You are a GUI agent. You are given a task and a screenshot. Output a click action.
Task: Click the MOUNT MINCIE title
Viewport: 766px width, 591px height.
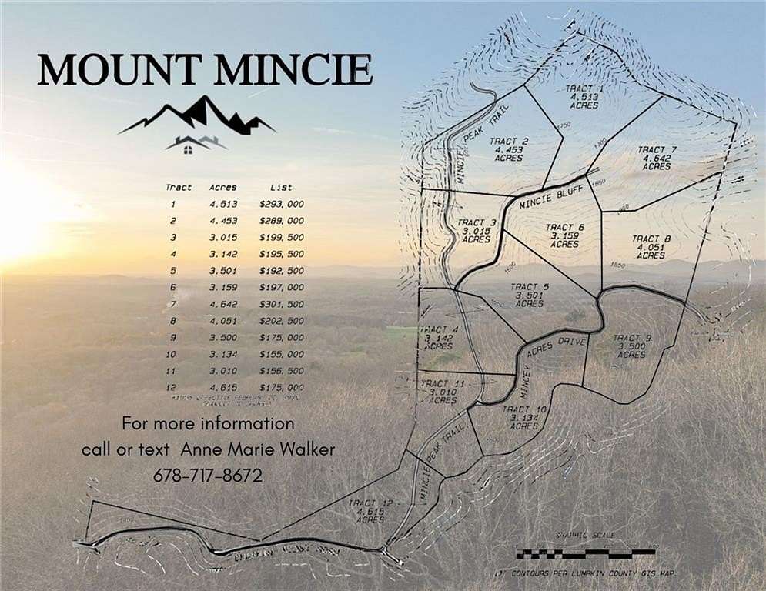tap(205, 70)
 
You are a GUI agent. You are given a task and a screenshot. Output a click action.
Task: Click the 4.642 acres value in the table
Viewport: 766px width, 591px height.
tap(223, 304)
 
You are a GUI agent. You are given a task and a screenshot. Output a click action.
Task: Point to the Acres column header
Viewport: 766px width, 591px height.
tap(223, 187)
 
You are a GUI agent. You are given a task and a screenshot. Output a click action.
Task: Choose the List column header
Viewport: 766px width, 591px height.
tap(281, 187)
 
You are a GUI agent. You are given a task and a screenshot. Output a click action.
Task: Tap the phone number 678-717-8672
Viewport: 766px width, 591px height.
tap(208, 476)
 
